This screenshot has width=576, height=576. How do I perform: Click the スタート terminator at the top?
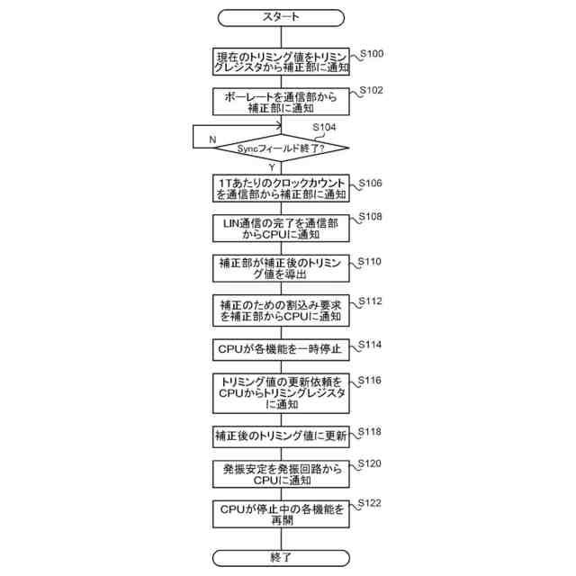tap(281, 17)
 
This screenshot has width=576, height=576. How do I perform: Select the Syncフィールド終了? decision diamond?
tap(281, 147)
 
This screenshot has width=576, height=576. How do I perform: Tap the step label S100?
tap(370, 55)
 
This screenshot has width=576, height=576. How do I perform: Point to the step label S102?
tap(370, 91)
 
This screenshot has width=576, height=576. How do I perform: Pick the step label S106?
tap(370, 183)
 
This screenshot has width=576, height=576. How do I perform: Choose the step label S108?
tap(370, 218)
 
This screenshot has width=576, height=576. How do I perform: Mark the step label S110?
tap(370, 262)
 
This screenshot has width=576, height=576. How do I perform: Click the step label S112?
tap(370, 301)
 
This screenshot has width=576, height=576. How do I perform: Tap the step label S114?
tap(370, 344)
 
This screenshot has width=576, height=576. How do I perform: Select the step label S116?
tap(370, 381)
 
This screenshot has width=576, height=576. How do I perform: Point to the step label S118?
tap(370, 432)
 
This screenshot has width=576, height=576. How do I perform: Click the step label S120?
tap(370, 463)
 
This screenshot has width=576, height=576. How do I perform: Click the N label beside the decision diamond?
tap(212, 140)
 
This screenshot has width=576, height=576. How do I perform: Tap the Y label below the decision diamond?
tap(271, 167)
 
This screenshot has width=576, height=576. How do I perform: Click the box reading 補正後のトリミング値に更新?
tap(281, 436)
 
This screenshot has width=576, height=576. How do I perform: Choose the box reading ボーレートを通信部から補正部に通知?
tap(281, 100)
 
